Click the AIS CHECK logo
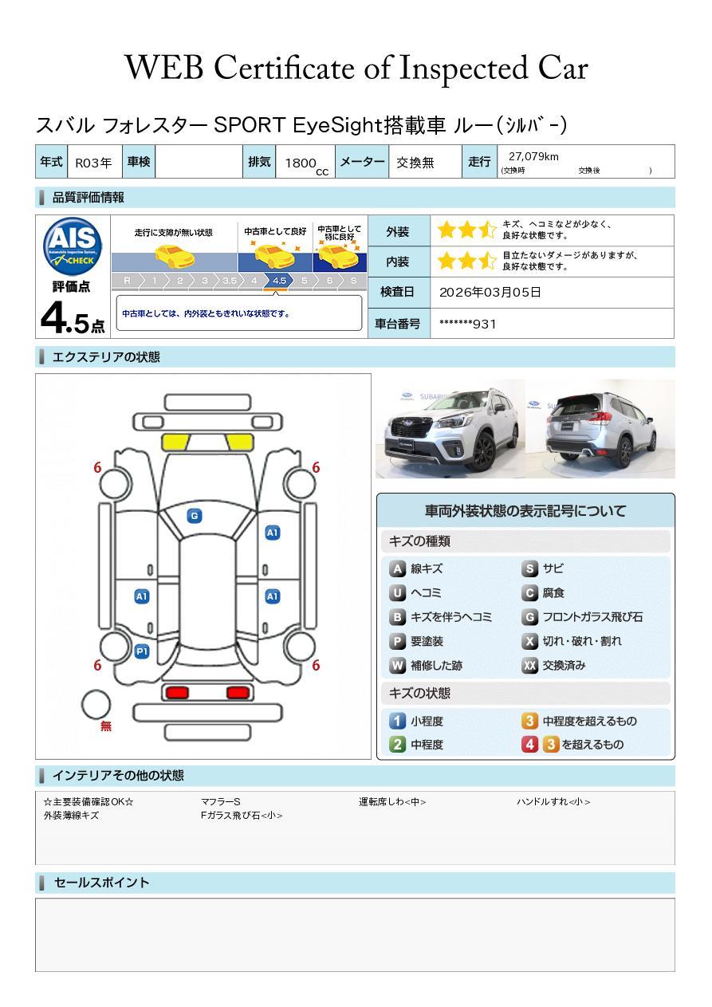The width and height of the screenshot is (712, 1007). coord(73,246)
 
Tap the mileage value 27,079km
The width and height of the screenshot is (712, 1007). coord(533,156)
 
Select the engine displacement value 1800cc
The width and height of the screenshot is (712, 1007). coord(306,165)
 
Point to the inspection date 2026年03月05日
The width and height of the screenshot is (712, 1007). coord(490,292)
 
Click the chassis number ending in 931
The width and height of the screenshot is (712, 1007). coord(468,324)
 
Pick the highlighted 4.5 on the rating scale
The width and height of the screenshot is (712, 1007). coord(279,281)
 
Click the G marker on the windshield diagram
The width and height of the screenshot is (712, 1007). coord(195,516)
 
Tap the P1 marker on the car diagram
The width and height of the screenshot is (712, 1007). coord(142,651)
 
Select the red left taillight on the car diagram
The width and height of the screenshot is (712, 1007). coord(177,693)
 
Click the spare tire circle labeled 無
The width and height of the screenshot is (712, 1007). coord(96,705)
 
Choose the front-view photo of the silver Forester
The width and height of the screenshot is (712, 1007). coord(450,428)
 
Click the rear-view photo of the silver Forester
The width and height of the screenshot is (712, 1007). coord(600,428)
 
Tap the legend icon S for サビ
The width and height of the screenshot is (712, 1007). coord(529,568)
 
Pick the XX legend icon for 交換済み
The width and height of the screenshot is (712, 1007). coord(529,665)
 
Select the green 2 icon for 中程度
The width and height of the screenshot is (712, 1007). coord(397,745)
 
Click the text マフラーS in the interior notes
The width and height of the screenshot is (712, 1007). coord(220,801)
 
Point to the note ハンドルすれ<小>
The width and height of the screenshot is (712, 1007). coord(553,801)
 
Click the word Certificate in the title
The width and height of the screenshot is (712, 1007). coord(284,68)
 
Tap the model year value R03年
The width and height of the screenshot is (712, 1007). coord(93,163)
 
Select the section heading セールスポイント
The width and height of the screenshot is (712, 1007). coord(101,883)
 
